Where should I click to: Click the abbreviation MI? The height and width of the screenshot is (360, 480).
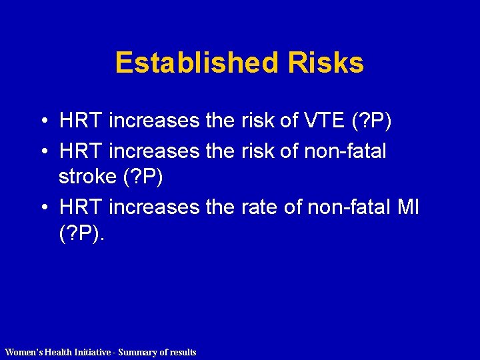coord(407,207)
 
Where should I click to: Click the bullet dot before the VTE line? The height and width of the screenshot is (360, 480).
coord(42,121)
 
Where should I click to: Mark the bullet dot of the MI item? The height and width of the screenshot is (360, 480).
coord(42,208)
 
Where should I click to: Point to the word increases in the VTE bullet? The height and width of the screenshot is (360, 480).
coord(153,121)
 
